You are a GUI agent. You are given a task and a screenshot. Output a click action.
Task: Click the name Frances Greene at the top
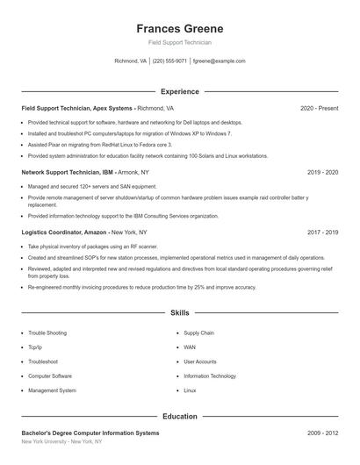tap(179, 28)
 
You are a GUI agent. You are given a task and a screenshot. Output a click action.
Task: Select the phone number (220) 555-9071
tap(169, 61)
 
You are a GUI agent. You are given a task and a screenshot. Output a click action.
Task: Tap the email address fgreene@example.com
tap(219, 61)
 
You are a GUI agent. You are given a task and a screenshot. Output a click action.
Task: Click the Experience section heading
tap(179, 91)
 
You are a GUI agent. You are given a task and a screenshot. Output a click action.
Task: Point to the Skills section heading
tap(179, 312)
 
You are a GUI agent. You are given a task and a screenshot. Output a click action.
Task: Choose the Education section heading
tap(179, 416)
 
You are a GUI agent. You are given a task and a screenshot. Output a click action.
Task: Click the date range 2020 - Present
tap(319, 108)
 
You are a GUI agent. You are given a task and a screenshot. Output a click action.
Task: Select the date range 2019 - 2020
tap(322, 172)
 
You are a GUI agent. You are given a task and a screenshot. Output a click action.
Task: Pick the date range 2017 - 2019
tap(322, 232)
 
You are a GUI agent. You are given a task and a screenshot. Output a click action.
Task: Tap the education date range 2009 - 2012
tap(322, 433)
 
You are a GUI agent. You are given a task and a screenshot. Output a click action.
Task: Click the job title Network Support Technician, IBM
tap(68, 172)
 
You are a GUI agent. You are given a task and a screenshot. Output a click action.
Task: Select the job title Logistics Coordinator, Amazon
tap(64, 232)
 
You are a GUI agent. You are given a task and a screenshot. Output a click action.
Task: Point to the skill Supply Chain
tap(198, 333)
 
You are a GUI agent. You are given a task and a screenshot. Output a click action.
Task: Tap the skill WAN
tap(190, 347)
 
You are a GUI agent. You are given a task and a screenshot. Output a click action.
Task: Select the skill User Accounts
tap(200, 361)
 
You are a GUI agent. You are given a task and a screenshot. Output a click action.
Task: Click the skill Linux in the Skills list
tap(190, 390)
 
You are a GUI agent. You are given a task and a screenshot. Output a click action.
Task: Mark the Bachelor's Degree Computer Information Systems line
tap(90, 433)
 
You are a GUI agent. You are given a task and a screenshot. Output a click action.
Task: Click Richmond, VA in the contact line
tap(130, 61)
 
